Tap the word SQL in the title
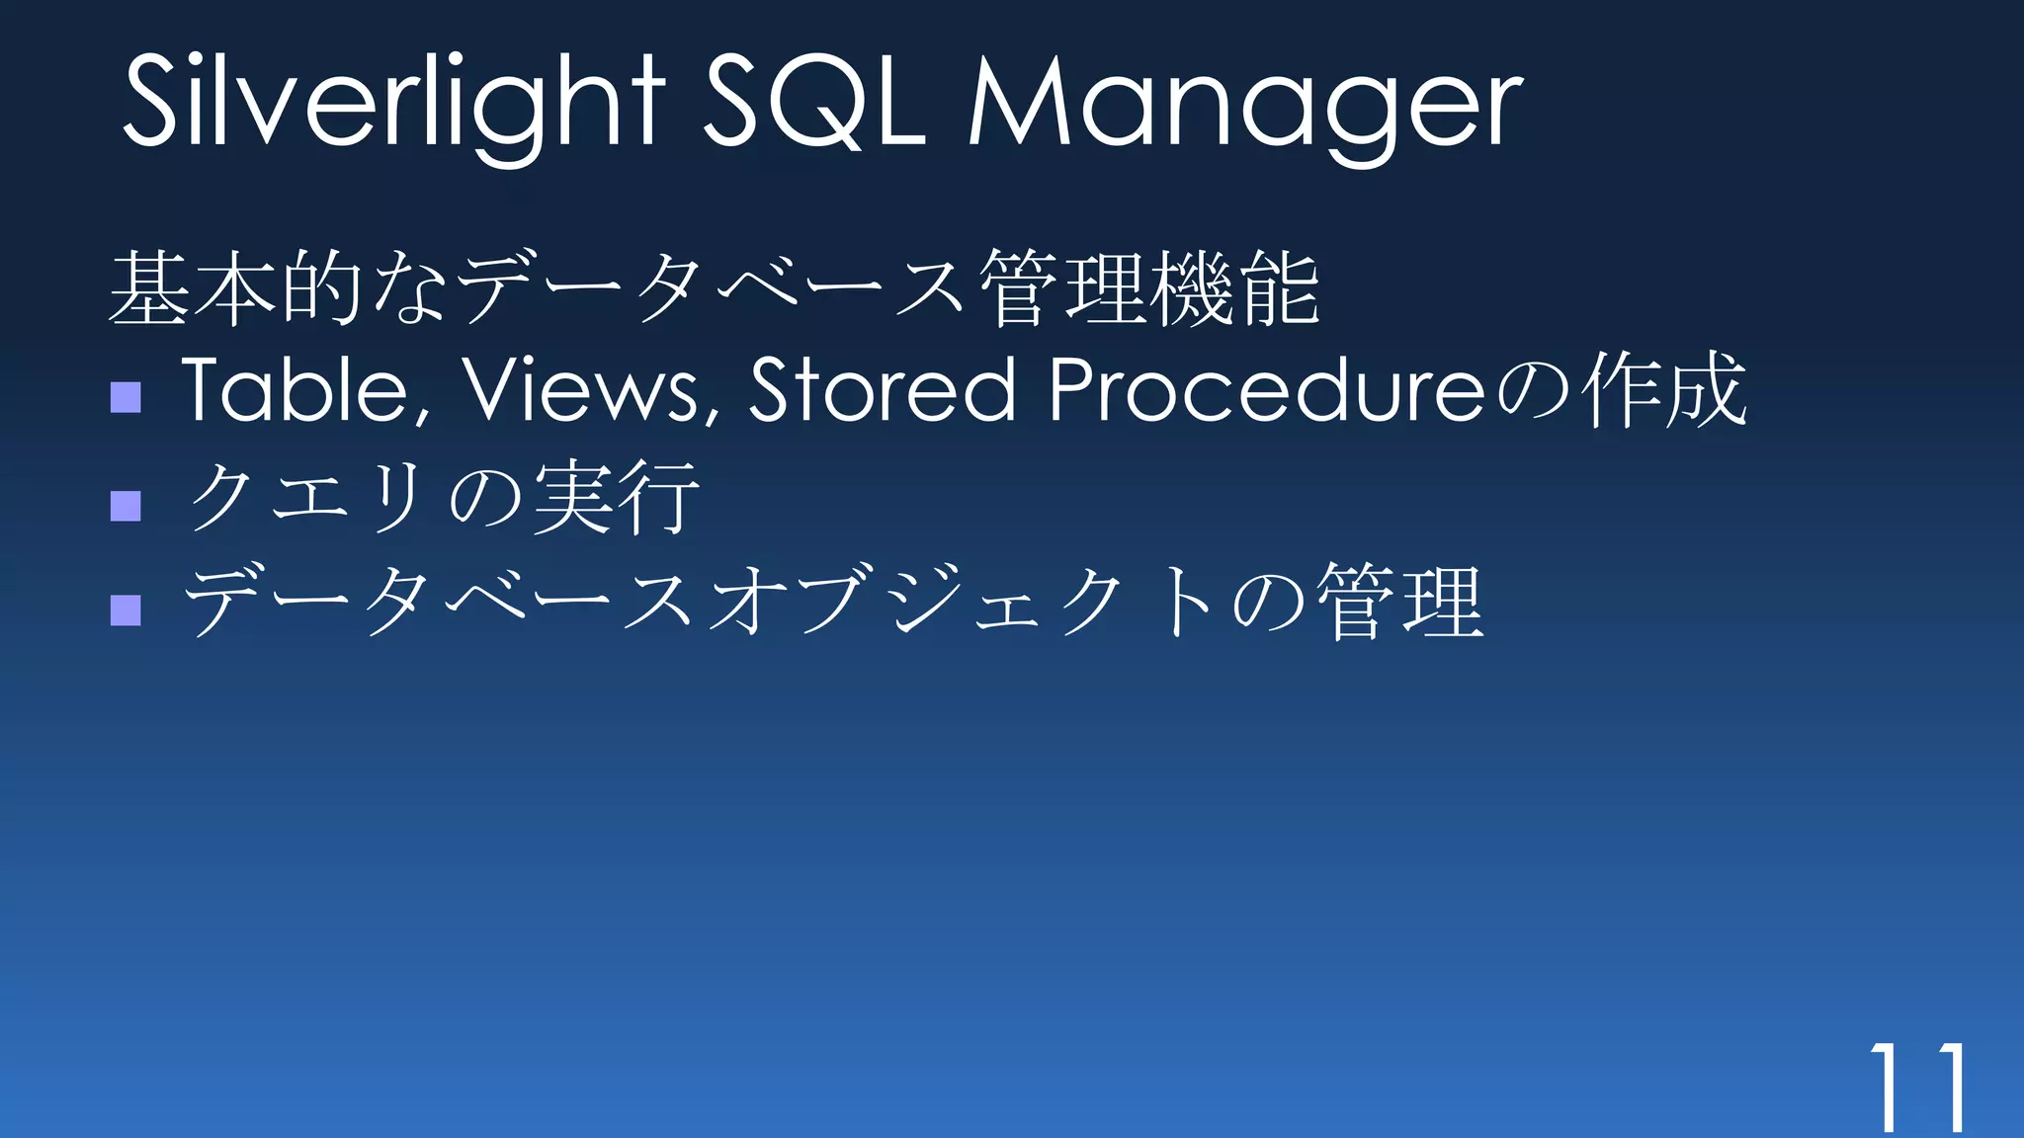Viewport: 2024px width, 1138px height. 812,102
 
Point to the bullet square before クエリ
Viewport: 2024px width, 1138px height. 126,506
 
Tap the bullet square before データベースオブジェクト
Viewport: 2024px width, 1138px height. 126,610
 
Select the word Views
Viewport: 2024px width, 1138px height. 583,389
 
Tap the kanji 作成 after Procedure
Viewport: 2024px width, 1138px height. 1664,389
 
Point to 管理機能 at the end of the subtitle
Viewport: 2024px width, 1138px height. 1150,288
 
